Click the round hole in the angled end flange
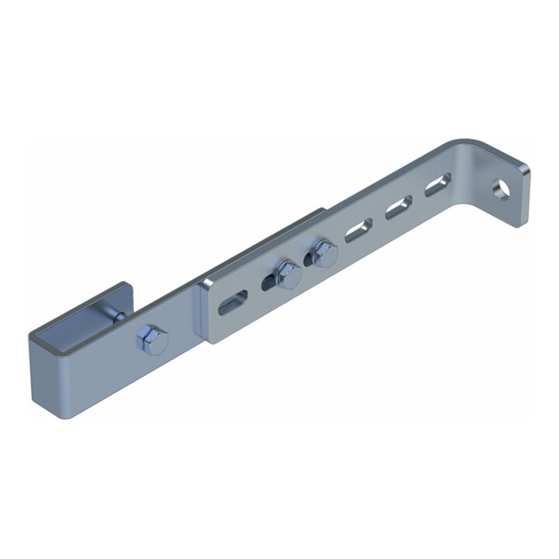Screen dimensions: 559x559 click(501, 189)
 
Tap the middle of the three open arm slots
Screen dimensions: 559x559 click(398, 208)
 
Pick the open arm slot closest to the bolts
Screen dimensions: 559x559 click(358, 230)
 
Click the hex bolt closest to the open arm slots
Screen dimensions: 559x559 click(322, 253)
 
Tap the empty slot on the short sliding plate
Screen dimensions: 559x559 click(233, 303)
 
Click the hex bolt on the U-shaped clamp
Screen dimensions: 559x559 click(153, 340)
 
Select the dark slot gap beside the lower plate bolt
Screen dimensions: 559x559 click(268, 283)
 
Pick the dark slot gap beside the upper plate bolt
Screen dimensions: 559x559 click(308, 261)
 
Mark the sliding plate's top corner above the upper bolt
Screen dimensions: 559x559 click(323, 210)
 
